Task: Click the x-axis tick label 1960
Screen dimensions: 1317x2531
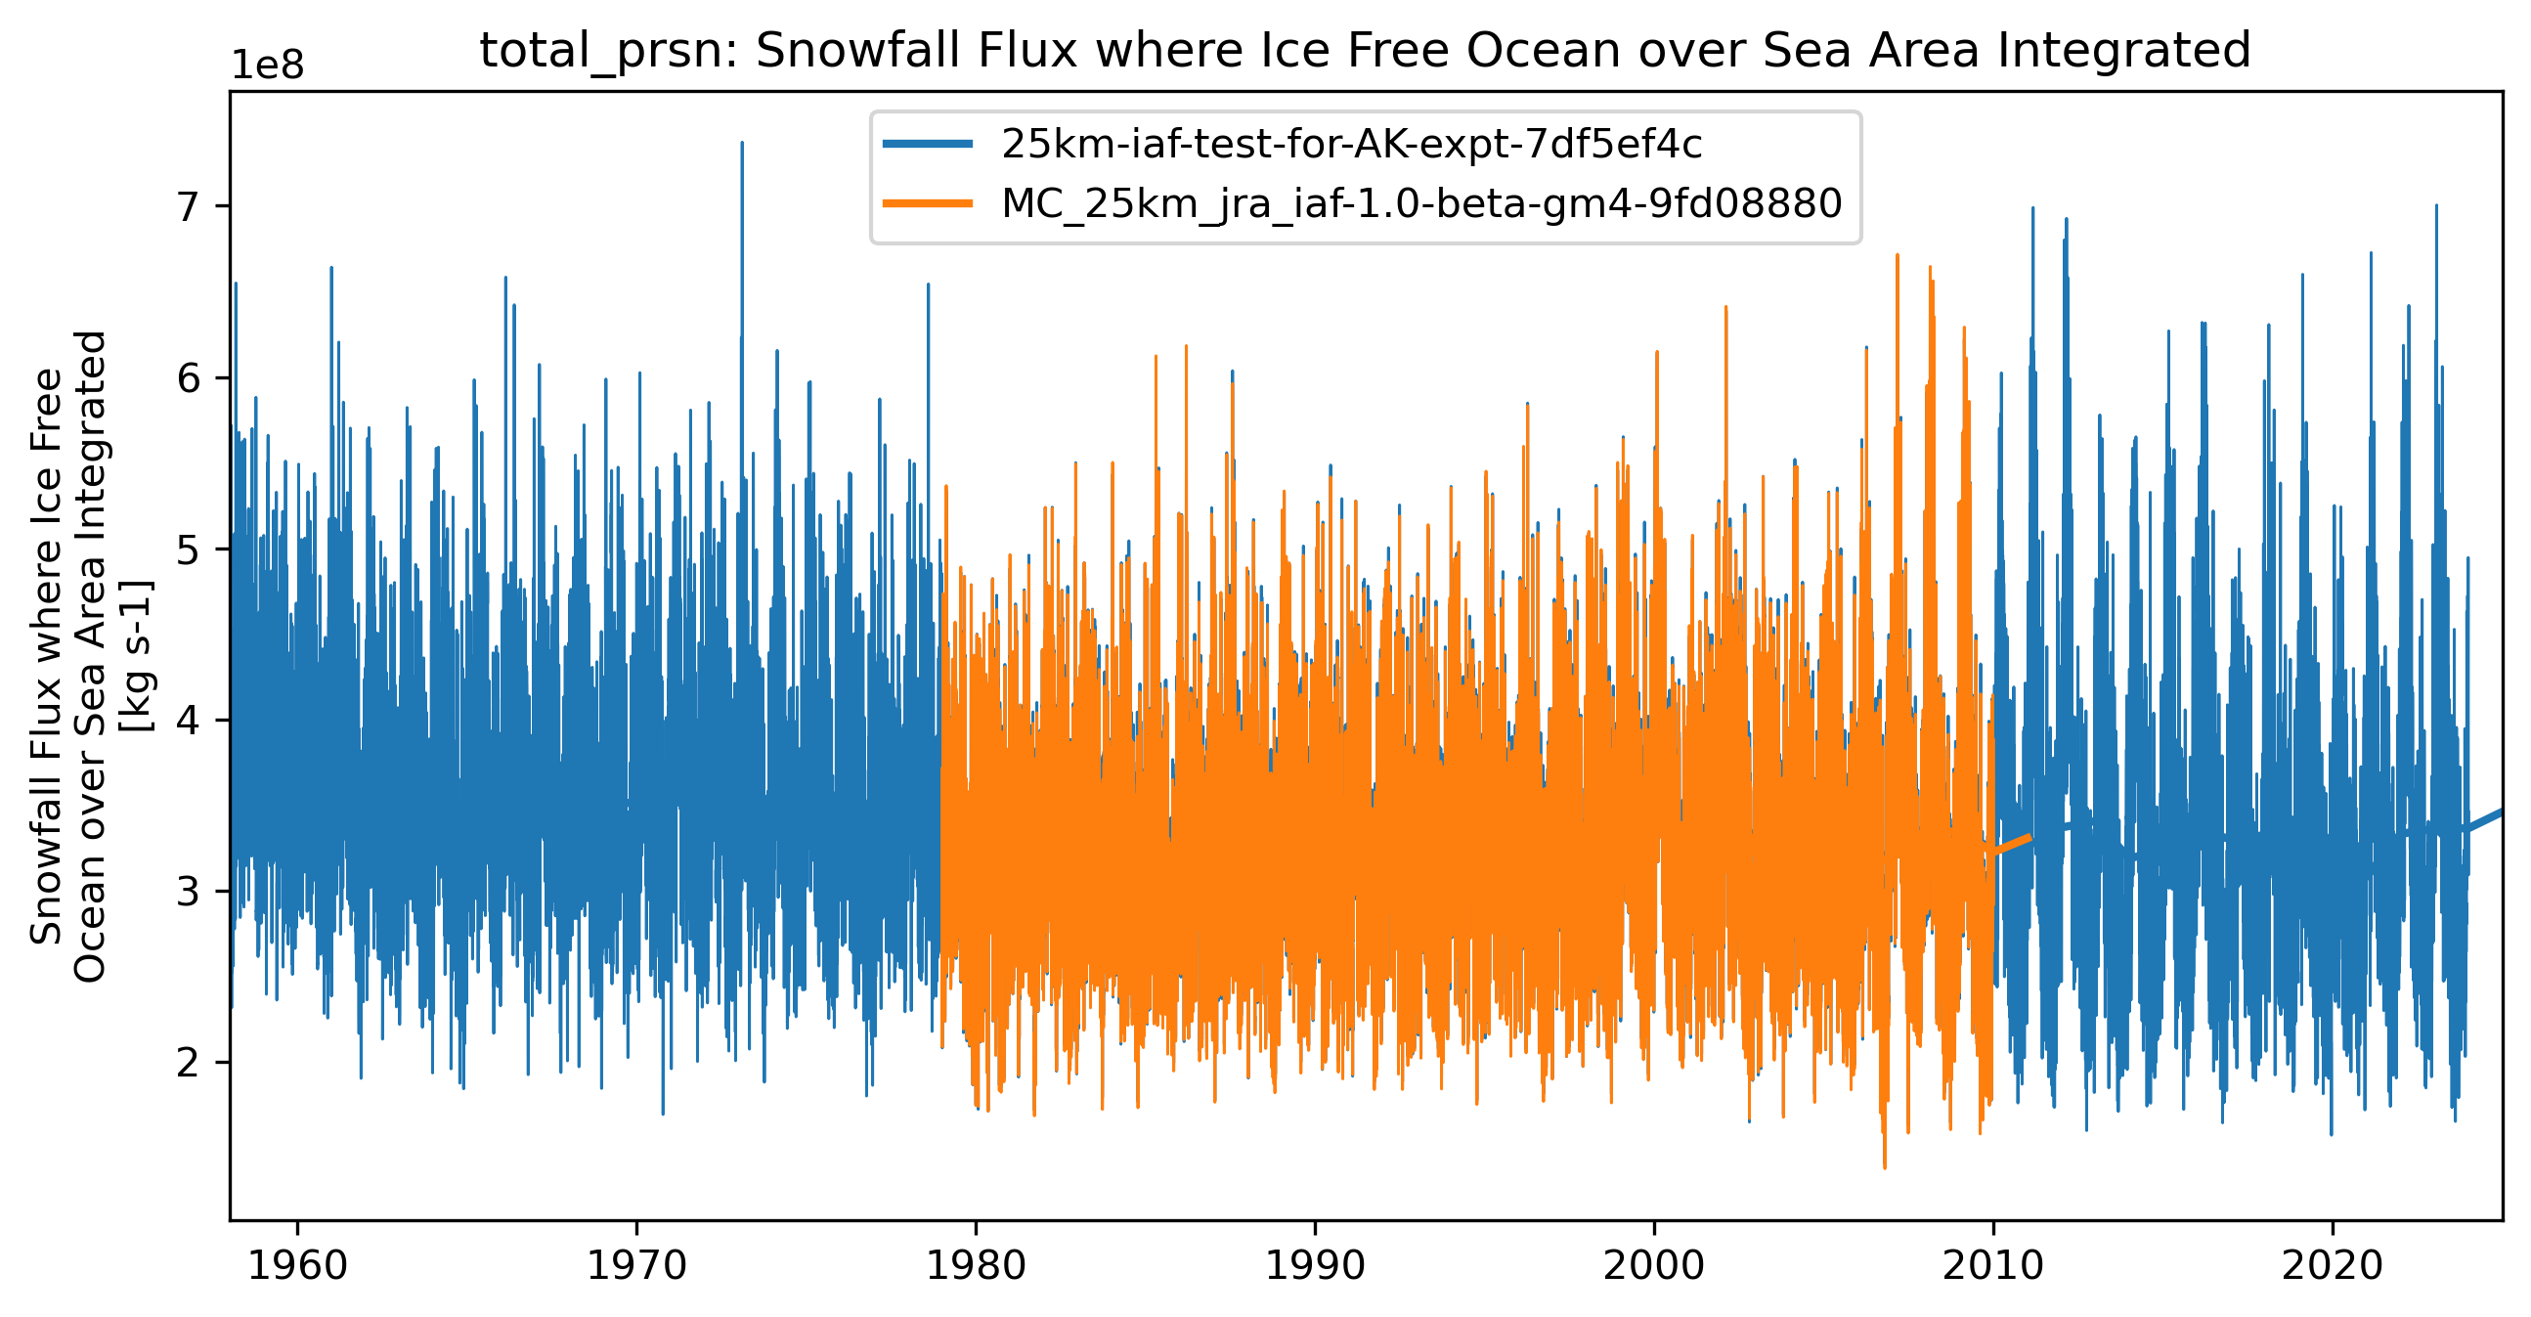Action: (297, 1265)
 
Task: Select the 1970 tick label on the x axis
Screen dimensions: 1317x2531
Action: (635, 1265)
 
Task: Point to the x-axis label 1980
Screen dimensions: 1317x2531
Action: (976, 1265)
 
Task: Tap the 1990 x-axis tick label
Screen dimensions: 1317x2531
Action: (1315, 1265)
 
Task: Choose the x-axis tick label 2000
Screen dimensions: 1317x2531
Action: (1653, 1265)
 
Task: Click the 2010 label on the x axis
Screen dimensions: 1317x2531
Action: (1992, 1265)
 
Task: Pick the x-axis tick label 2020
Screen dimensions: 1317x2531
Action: (2332, 1265)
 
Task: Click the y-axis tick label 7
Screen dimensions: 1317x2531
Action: (189, 207)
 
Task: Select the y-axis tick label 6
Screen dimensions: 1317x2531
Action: (189, 378)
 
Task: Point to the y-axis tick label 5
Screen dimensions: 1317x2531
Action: (189, 549)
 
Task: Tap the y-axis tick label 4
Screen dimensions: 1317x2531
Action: (189, 721)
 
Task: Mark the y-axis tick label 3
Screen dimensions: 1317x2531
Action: (189, 892)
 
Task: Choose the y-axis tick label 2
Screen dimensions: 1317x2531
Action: (189, 1063)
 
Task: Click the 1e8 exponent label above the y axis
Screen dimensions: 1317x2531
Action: (267, 66)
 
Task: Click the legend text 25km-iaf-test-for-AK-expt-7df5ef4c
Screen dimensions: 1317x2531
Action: (1351, 145)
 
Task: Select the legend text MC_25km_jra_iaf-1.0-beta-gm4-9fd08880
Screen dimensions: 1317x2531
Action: (1420, 203)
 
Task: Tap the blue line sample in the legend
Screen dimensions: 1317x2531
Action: (928, 145)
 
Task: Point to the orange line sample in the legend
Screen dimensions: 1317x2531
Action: (928, 203)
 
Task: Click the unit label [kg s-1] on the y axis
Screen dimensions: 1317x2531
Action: (137, 656)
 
